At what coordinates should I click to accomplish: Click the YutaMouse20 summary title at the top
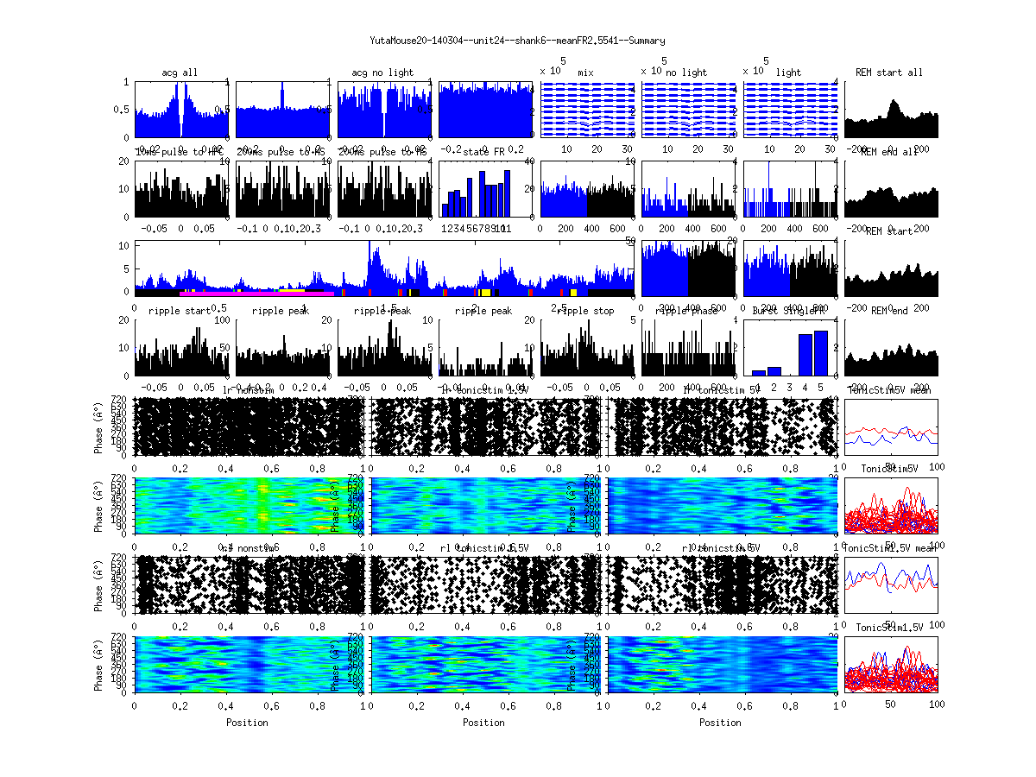click(517, 41)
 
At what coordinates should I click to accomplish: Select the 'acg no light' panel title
click(382, 73)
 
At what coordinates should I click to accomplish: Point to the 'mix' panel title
click(586, 73)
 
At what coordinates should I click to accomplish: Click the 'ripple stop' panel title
click(586, 311)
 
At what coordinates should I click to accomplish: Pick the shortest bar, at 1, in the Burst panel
click(759, 373)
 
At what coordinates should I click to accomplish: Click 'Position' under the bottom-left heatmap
click(247, 723)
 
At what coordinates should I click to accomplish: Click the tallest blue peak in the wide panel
click(370, 246)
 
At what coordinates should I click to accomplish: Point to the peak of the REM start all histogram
click(894, 102)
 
